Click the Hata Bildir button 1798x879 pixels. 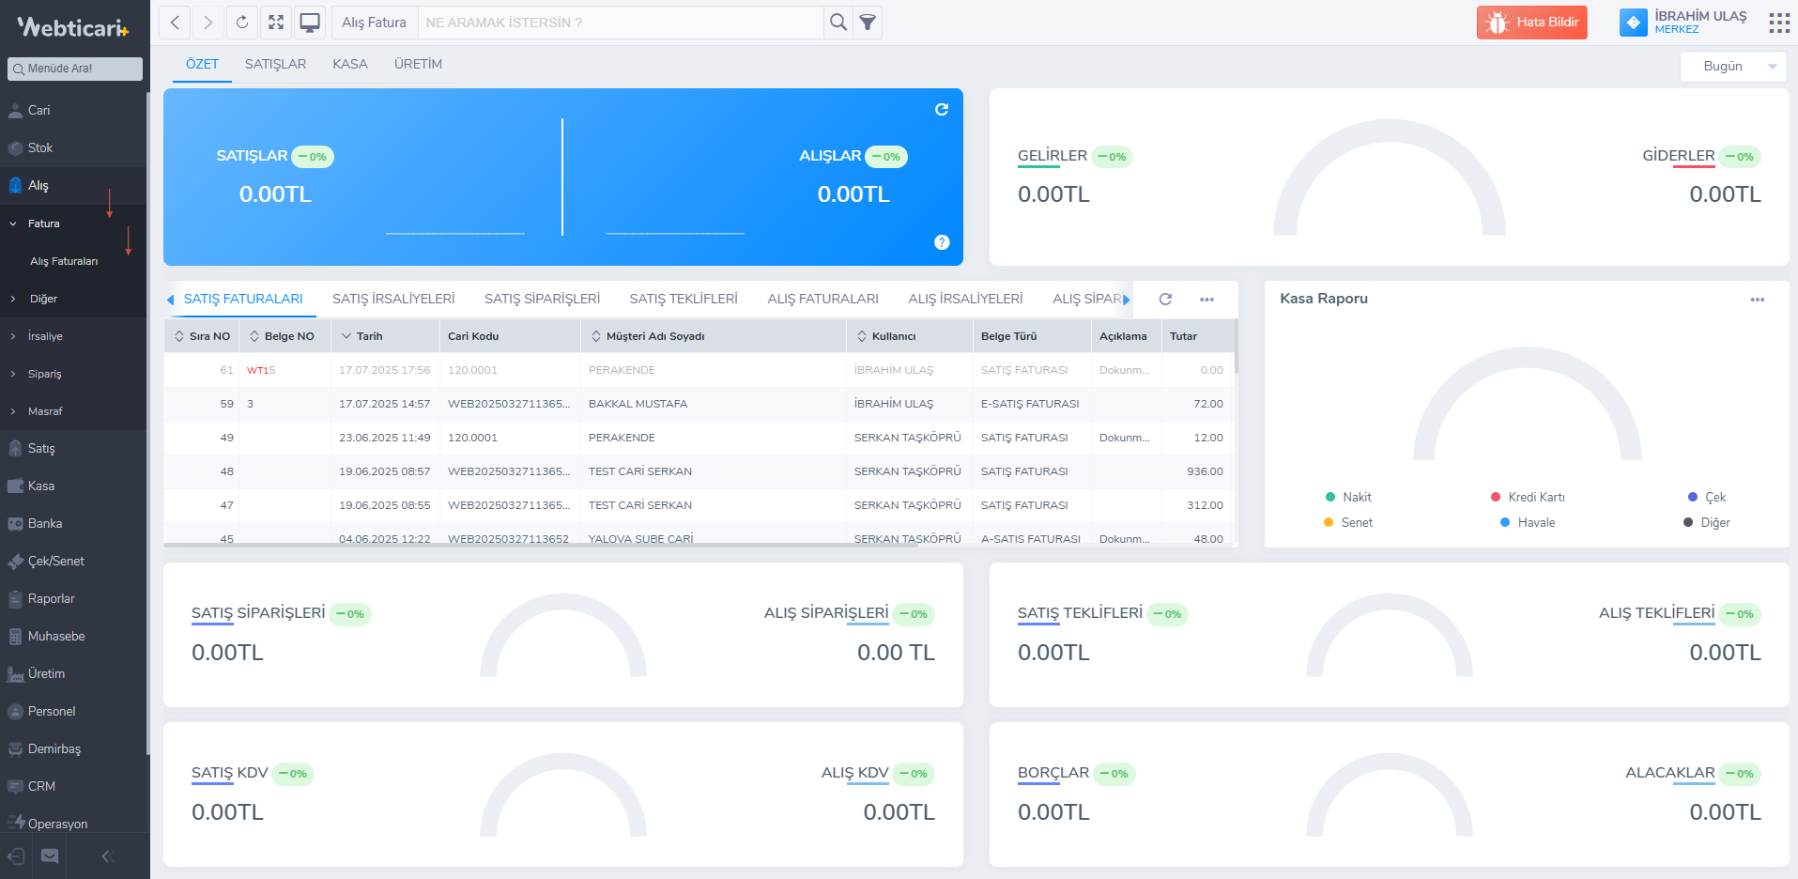click(1531, 23)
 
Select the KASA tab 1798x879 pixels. click(349, 64)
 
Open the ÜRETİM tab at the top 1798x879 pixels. click(418, 64)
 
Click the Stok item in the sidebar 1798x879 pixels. click(40, 147)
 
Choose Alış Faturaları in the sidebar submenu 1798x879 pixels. click(64, 261)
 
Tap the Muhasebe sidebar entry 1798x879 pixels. click(56, 636)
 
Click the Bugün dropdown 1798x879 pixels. click(1732, 66)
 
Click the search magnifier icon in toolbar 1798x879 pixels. click(838, 23)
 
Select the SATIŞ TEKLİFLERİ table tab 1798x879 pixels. click(684, 299)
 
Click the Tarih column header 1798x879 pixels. click(369, 336)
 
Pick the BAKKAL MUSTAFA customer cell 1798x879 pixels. click(638, 404)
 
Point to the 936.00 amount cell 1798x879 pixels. click(1205, 471)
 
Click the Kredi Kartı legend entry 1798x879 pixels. click(1535, 497)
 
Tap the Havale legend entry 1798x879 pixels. click(1535, 522)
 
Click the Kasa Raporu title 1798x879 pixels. click(1323, 299)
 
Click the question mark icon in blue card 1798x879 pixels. click(942, 242)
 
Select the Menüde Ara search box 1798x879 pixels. click(75, 69)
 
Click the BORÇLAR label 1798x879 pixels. click(1053, 773)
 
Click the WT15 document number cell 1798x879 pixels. click(261, 370)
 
